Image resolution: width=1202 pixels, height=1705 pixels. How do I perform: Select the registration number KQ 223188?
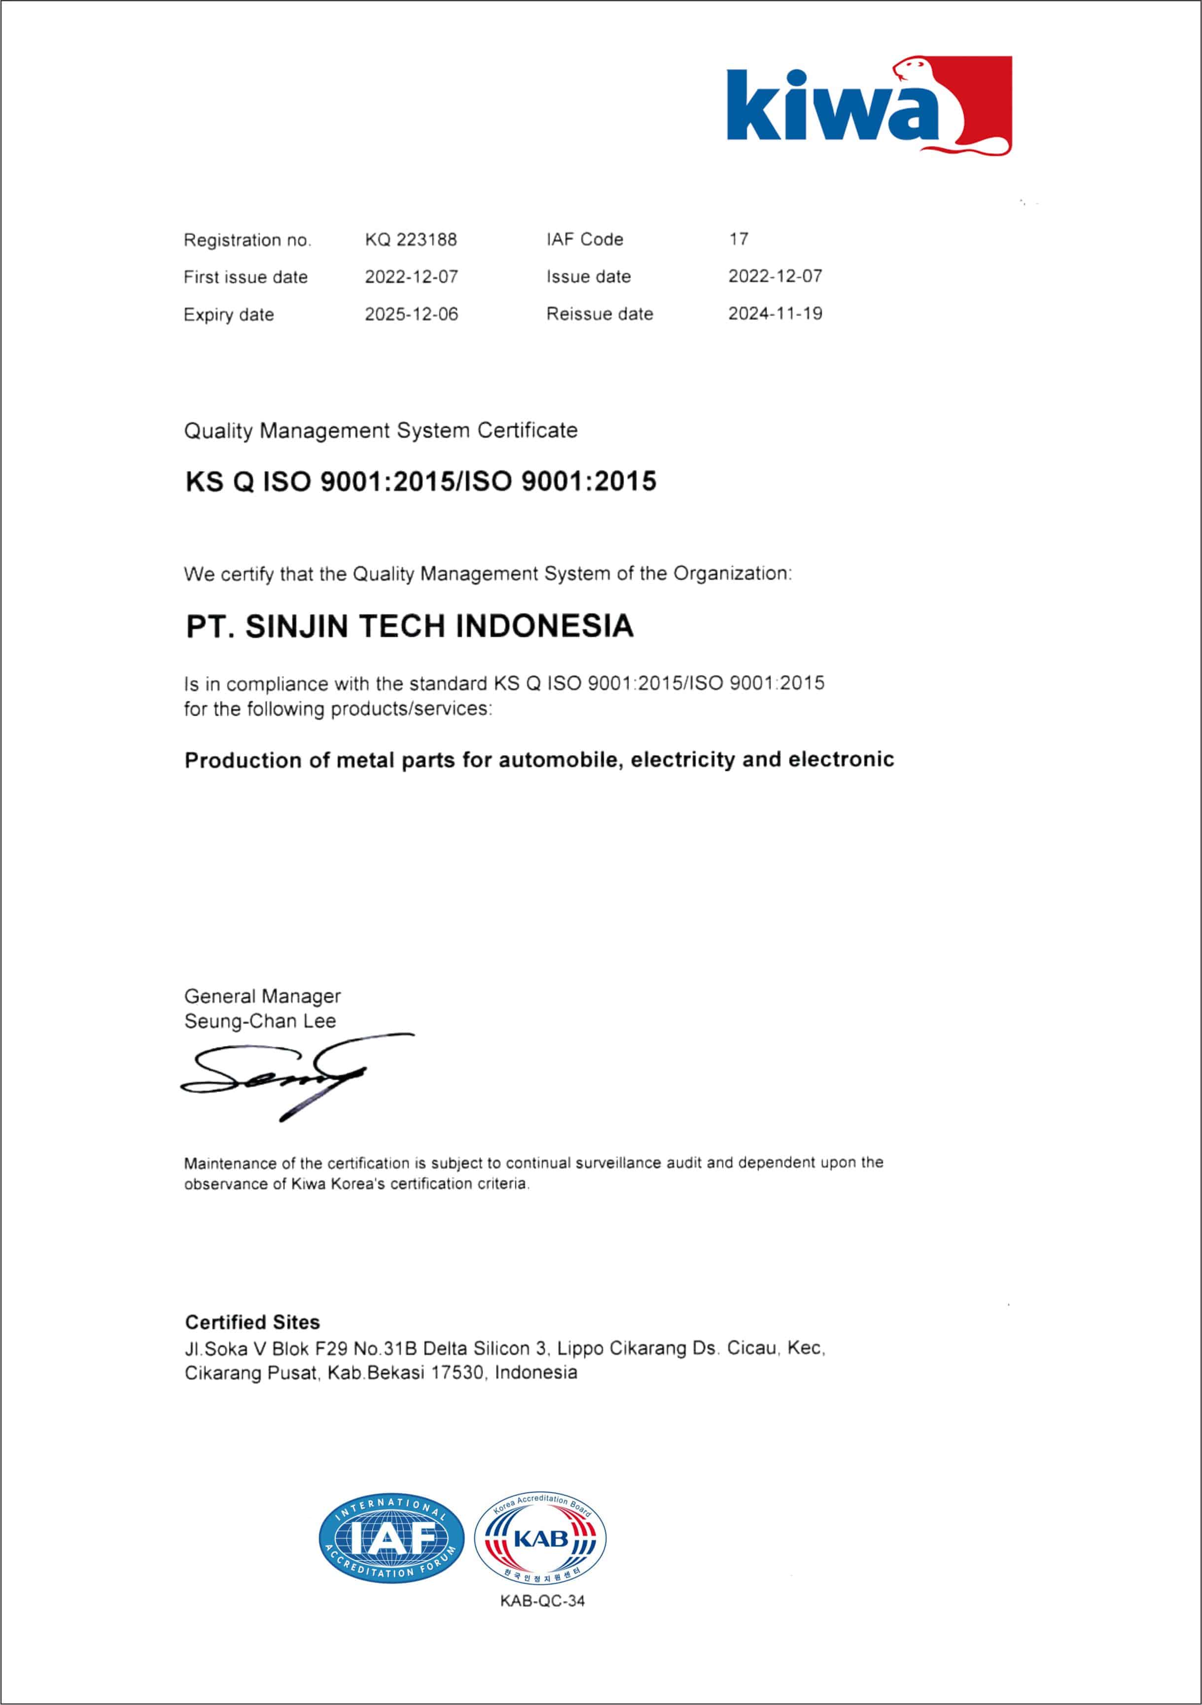(x=411, y=240)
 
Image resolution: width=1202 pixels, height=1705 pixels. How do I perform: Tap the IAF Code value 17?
(x=739, y=239)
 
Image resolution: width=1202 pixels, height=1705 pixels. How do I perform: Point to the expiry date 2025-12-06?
(x=411, y=314)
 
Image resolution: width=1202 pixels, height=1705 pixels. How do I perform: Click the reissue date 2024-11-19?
(x=775, y=313)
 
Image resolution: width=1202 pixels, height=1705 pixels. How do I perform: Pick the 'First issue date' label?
(x=245, y=277)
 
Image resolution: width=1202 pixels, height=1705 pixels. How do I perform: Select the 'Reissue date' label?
(x=600, y=314)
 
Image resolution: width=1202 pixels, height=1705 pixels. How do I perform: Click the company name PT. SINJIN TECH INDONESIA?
(x=409, y=626)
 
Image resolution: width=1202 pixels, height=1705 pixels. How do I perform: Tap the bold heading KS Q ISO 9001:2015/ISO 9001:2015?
(x=421, y=482)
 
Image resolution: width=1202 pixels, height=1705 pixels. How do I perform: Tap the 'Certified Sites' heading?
(x=252, y=1322)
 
